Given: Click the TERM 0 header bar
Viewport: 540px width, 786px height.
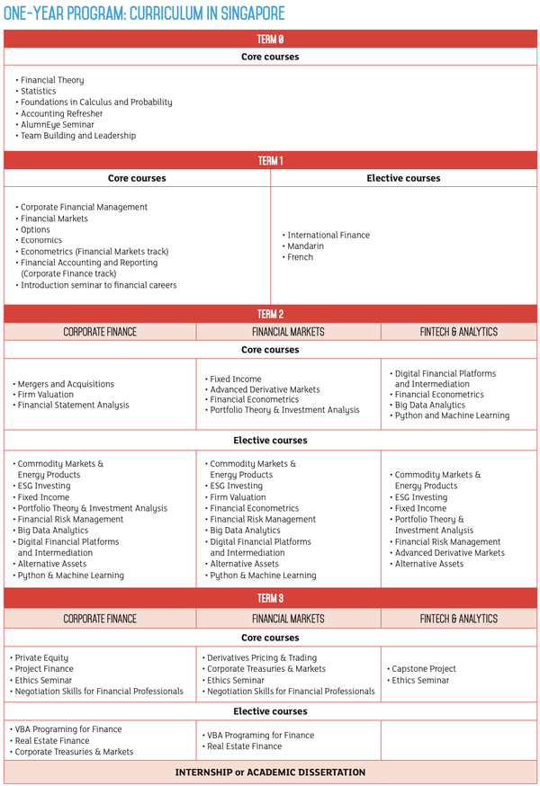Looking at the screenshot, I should [270, 39].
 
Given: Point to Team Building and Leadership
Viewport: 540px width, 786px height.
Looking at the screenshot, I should [78, 136].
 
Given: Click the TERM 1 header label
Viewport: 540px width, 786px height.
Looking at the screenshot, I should [270, 161].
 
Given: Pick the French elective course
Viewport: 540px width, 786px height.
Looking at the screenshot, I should [301, 257].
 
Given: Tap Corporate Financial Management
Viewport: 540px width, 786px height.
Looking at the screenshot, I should [84, 207].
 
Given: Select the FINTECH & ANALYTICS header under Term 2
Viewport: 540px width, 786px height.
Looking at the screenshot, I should [458, 332].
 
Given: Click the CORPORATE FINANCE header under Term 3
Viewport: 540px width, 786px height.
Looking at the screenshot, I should [100, 619].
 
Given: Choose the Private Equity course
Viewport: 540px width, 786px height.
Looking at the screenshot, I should [43, 657].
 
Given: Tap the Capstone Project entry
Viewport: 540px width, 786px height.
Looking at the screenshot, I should [424, 669].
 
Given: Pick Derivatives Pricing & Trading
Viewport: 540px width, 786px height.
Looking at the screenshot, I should [262, 657].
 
